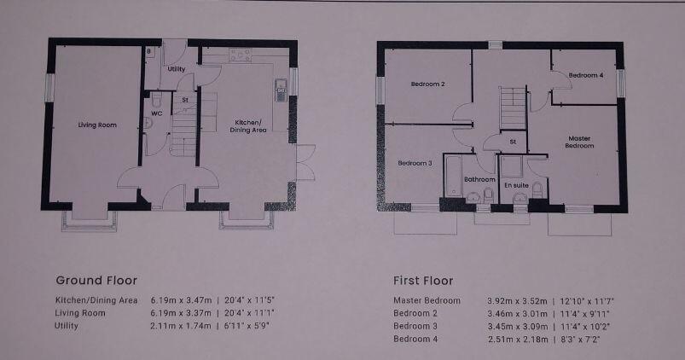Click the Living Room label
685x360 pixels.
click(96, 125)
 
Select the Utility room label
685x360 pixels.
click(177, 68)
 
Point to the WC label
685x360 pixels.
click(157, 113)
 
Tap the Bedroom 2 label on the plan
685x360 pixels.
click(427, 84)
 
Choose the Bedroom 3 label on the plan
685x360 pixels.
click(415, 163)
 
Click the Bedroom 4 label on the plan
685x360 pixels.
click(586, 75)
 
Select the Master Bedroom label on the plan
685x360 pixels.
click(579, 142)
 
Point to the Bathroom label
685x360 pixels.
click(479, 180)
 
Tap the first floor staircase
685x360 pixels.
click(512, 107)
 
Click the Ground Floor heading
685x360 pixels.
click(96, 280)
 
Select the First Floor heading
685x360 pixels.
click(423, 280)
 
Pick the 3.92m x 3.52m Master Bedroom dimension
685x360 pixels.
click(516, 300)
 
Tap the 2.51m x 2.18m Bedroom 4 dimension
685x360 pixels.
click(516, 340)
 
